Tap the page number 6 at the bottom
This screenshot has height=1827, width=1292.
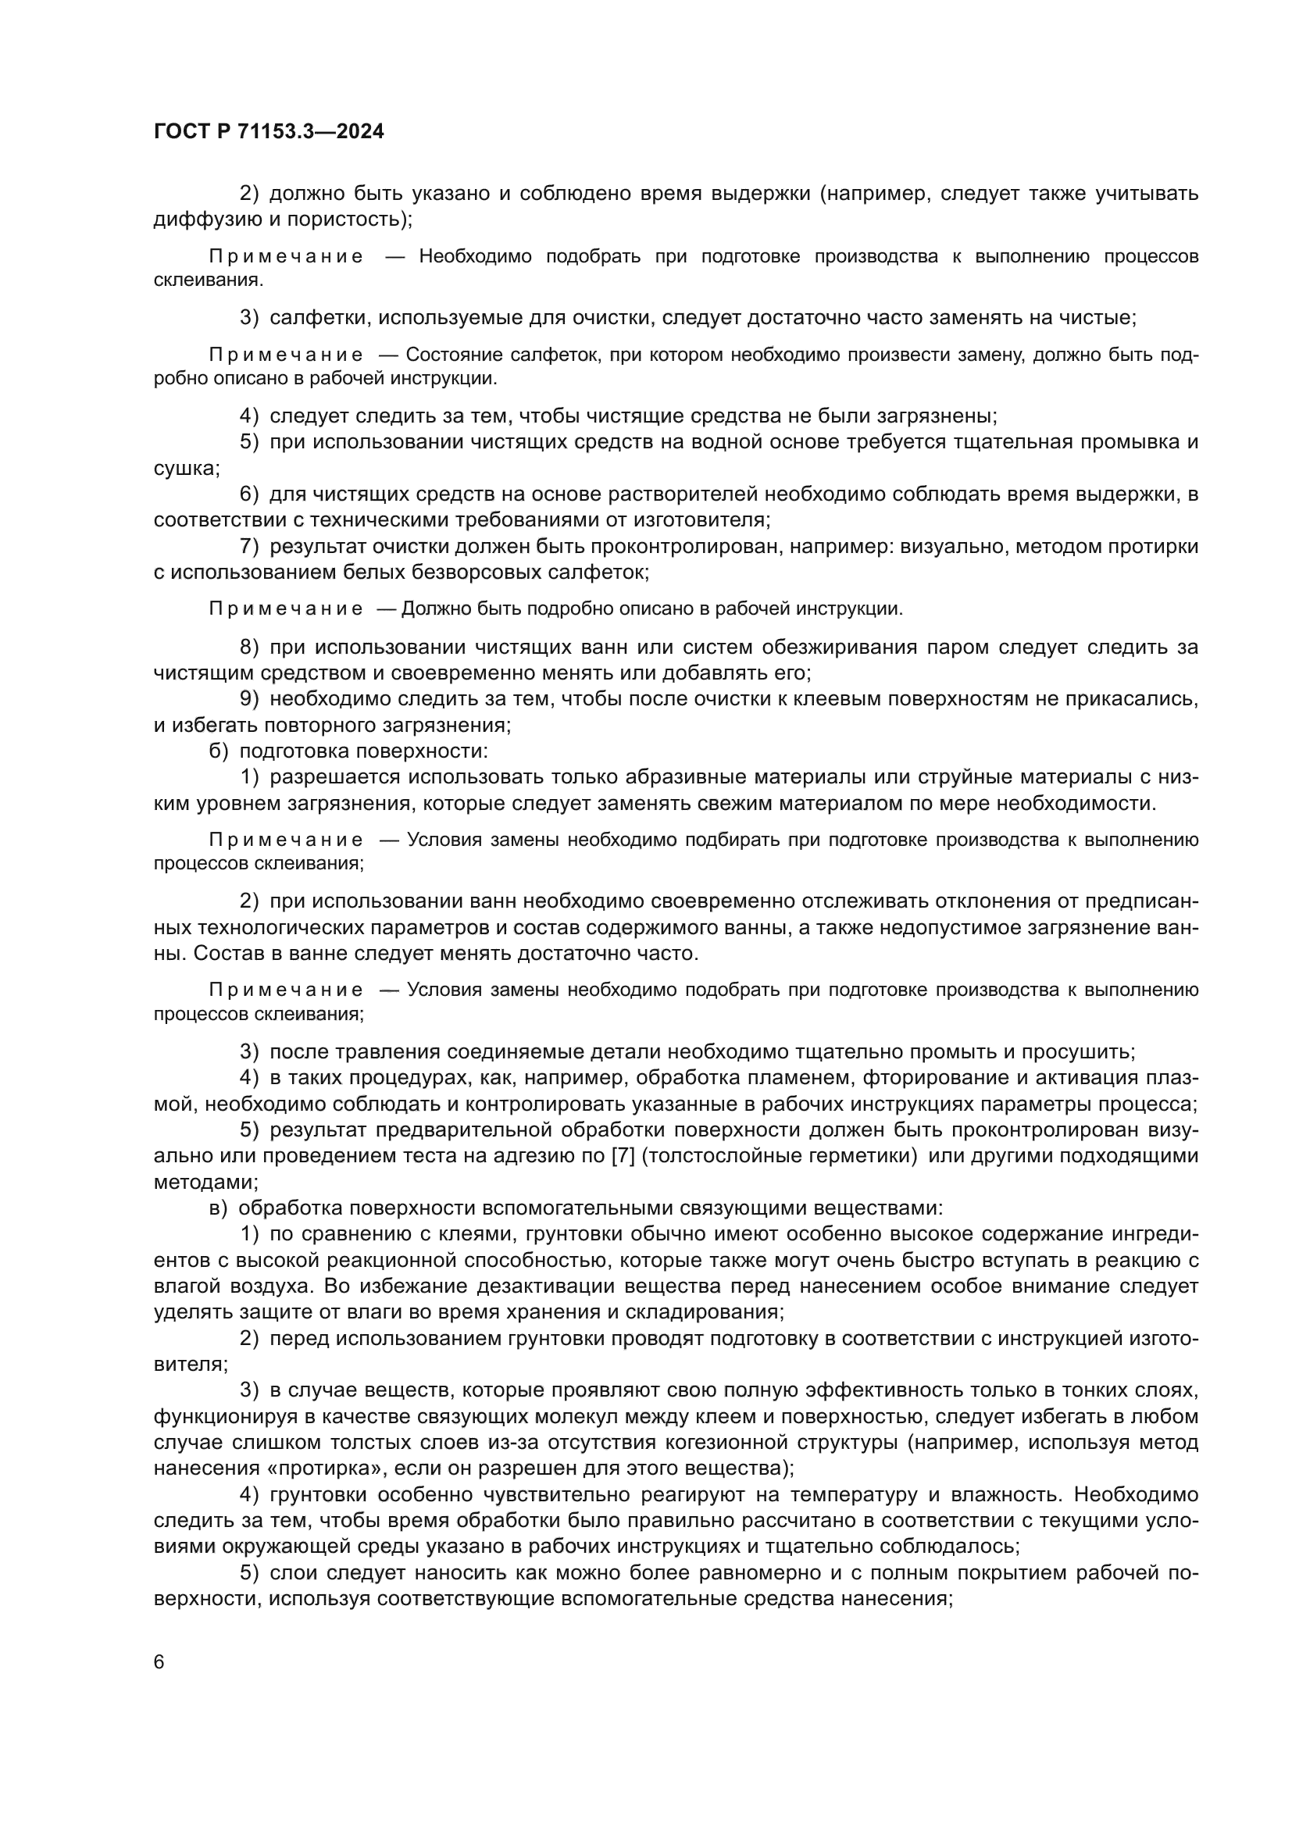[x=159, y=1662]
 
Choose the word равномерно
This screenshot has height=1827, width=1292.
[x=749, y=1573]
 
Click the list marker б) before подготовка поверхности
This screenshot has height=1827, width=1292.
[x=219, y=751]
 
